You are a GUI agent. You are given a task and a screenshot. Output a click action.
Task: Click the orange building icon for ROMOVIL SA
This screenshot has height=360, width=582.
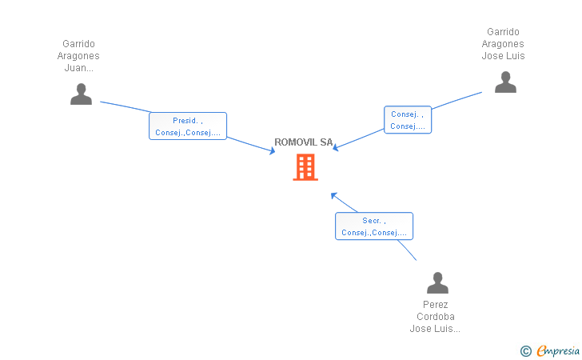click(305, 167)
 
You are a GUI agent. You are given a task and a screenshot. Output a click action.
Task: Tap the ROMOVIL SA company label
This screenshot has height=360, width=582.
click(303, 142)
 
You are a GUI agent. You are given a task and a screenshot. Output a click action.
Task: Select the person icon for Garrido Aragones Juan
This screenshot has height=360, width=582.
click(82, 94)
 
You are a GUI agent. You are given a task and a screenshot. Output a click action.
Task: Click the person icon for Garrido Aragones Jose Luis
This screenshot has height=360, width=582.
click(505, 82)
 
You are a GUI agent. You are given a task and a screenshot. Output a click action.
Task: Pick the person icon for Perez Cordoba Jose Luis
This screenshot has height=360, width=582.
click(437, 282)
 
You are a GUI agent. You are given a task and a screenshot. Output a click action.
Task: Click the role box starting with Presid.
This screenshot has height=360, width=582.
click(188, 126)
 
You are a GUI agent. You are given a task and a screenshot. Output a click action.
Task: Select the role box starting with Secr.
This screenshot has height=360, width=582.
click(374, 226)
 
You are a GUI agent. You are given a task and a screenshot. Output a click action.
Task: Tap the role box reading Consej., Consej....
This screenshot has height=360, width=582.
click(408, 120)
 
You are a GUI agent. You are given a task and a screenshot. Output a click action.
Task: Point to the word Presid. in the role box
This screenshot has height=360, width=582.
click(185, 120)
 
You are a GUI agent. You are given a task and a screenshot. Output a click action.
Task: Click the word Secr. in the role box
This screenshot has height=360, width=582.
click(372, 220)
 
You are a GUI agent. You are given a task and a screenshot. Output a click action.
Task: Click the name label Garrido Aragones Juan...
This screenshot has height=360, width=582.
click(78, 56)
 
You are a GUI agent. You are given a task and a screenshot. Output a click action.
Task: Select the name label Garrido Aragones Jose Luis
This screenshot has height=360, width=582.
click(503, 44)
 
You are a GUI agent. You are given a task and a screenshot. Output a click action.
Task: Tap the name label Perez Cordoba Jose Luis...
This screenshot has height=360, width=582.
click(435, 317)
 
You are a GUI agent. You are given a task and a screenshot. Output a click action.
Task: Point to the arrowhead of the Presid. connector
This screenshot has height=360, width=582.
click(272, 151)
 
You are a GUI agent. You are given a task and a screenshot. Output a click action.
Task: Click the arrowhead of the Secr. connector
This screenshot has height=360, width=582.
click(333, 195)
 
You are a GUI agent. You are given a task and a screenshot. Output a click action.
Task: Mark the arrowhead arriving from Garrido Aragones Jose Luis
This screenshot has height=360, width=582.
click(335, 147)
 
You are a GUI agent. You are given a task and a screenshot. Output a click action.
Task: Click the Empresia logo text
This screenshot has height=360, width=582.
click(558, 350)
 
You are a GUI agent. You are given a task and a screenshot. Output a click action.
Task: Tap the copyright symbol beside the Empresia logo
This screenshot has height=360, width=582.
click(525, 351)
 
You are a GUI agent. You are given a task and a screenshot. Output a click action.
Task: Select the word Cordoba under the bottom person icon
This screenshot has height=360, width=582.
click(436, 317)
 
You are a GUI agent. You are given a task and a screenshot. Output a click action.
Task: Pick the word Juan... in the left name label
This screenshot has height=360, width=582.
click(78, 68)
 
